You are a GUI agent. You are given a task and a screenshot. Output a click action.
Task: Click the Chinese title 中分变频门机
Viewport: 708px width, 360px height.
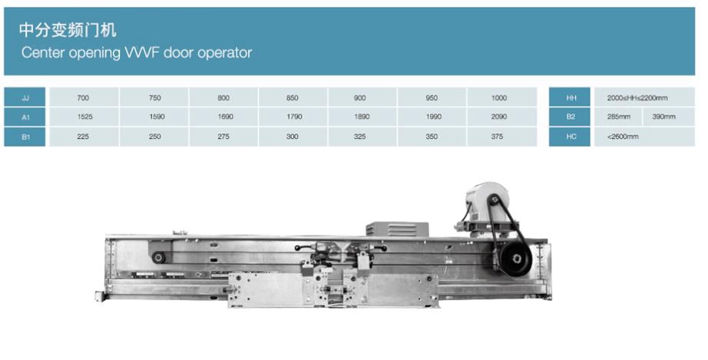tap(68, 30)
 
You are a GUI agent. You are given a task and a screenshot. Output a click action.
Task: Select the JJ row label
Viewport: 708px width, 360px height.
tap(25, 97)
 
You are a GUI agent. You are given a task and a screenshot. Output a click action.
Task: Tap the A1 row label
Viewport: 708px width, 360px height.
tap(25, 117)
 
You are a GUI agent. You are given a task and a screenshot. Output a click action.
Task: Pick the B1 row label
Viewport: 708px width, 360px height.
tap(25, 137)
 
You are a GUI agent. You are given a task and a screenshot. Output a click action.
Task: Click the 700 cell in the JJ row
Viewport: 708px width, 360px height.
tap(83, 97)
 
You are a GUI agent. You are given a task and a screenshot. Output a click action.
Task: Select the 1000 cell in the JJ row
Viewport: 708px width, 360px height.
tap(499, 97)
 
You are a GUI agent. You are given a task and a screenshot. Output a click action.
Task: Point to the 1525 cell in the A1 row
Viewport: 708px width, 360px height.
tap(85, 117)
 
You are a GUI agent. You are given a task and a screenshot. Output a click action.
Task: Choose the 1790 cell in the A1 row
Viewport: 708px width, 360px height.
tap(294, 117)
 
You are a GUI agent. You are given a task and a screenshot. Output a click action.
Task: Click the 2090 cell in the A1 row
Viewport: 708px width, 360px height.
tap(499, 117)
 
